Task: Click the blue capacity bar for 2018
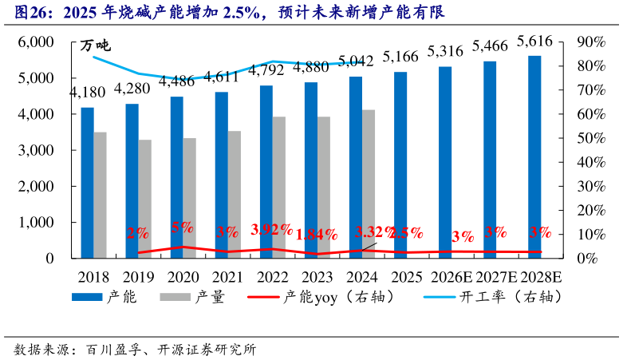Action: (87, 183)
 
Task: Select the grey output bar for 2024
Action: (369, 184)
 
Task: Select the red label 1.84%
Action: (317, 235)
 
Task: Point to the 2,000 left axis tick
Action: (36, 186)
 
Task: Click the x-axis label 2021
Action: (227, 277)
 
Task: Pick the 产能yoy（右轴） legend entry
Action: (328, 298)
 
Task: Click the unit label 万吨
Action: (97, 45)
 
